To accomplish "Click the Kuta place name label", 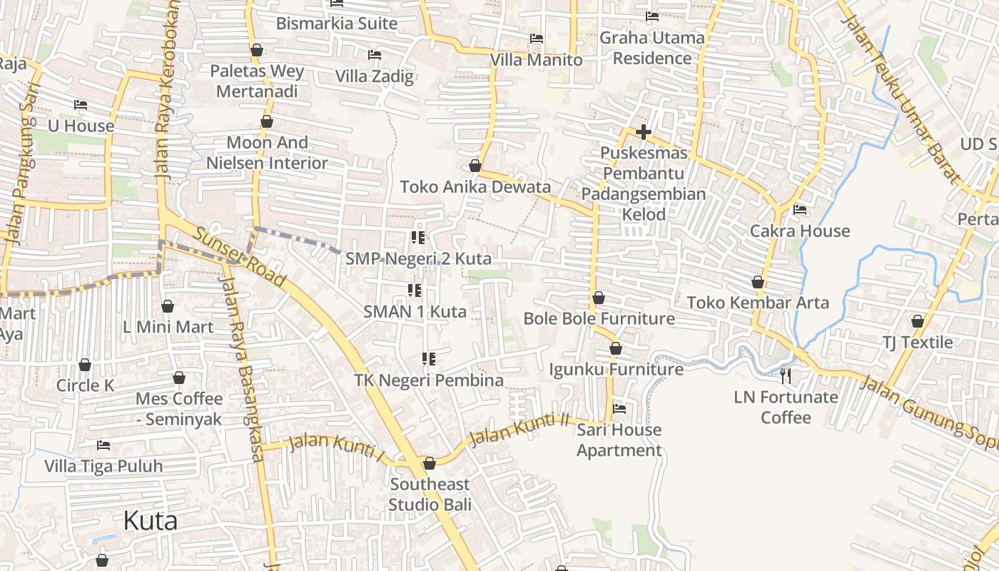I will click(150, 521).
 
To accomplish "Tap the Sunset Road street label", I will click(239, 258).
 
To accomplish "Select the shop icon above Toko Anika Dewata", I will click(475, 166).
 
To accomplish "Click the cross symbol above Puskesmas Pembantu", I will click(644, 132).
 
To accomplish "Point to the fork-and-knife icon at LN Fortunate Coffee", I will click(786, 376).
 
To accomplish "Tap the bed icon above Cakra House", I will click(800, 210).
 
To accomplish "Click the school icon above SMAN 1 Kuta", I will click(415, 290).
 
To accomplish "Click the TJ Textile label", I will click(918, 343).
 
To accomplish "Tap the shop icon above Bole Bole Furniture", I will click(599, 298).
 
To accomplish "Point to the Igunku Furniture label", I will click(616, 370).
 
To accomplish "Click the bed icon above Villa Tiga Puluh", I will click(103, 445).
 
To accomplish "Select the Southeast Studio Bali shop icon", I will click(430, 464).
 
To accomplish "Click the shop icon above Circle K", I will click(85, 365).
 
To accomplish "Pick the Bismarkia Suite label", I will click(337, 24).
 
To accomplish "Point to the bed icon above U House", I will click(81, 105).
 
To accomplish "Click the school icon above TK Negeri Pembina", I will click(429, 359).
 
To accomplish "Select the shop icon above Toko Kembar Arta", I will click(758, 283).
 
